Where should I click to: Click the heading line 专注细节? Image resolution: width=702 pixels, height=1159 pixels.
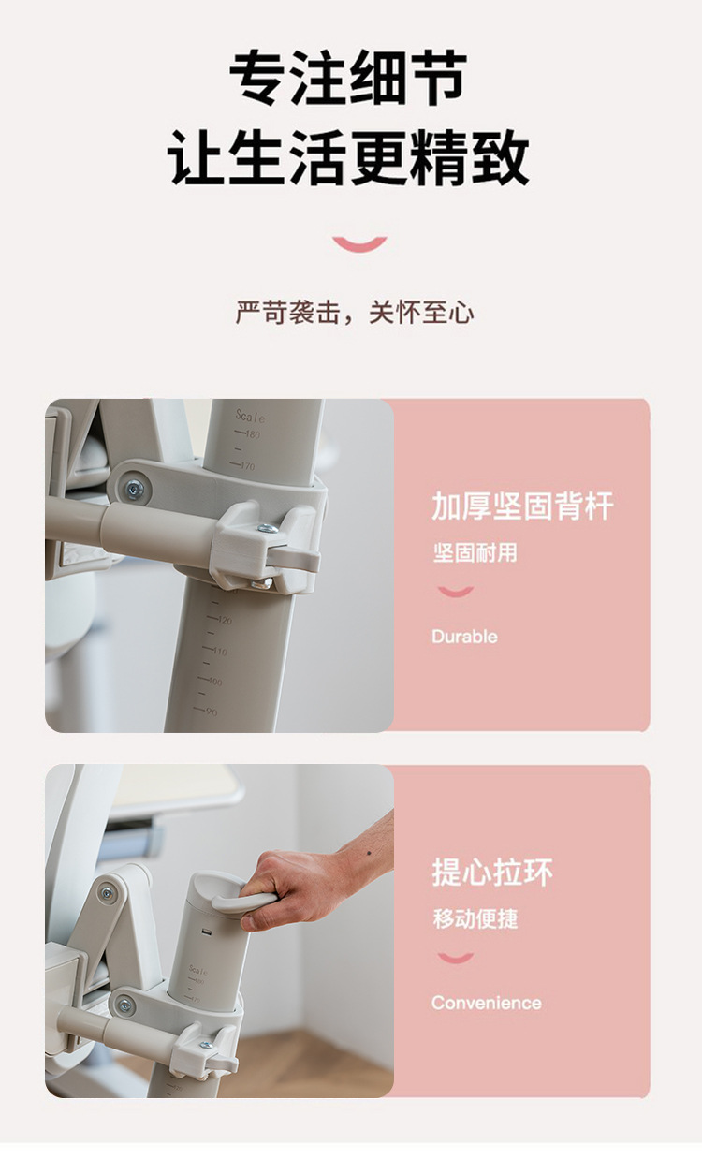tap(348, 79)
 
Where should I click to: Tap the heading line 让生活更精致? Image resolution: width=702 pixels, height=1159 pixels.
tap(348, 157)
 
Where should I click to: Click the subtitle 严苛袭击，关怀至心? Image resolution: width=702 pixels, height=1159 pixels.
tap(354, 313)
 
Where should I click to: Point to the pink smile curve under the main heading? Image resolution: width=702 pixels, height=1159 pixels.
tap(359, 244)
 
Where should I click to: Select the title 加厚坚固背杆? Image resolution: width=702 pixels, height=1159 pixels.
tap(522, 506)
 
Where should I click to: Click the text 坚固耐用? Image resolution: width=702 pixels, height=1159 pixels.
tap(475, 552)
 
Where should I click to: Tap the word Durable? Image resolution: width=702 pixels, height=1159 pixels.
tap(464, 637)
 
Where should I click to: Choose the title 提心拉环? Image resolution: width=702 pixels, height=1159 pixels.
tap(492, 873)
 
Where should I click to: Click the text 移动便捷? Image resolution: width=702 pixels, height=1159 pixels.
tap(475, 918)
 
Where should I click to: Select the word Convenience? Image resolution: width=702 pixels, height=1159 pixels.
tap(486, 1003)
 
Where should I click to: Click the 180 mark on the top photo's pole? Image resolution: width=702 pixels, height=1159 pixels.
tap(252, 434)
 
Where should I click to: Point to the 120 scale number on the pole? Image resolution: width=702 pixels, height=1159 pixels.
tap(224, 620)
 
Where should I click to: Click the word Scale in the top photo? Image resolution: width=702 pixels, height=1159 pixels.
tap(250, 416)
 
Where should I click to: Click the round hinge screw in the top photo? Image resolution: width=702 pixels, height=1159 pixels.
tap(135, 488)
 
